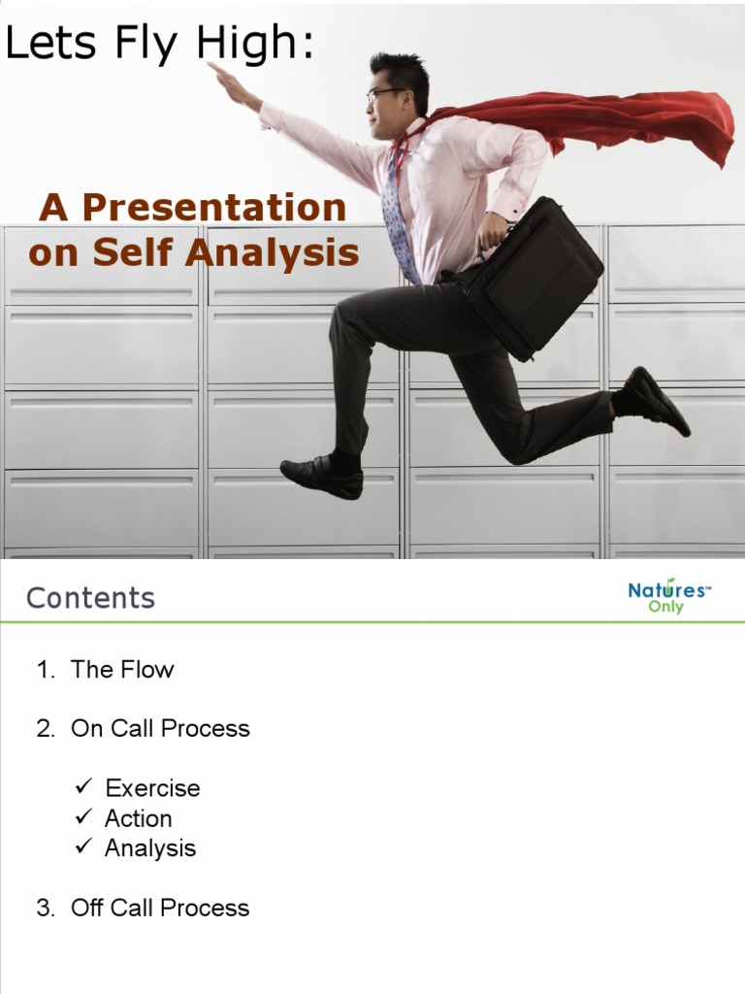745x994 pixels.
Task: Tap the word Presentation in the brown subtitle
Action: tap(213, 207)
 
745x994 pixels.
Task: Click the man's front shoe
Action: tap(322, 477)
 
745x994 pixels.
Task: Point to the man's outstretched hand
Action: tap(225, 77)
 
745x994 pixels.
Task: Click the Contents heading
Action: tap(90, 598)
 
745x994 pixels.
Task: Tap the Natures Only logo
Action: tap(668, 596)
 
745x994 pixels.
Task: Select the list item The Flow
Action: tap(122, 670)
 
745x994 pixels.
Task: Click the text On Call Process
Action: tap(160, 729)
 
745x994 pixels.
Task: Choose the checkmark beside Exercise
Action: tap(83, 787)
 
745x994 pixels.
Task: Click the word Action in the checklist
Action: tap(139, 818)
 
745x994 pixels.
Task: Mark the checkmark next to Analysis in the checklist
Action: tap(83, 847)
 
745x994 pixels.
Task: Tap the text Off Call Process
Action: tap(160, 909)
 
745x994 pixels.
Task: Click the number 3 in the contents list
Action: tap(44, 909)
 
